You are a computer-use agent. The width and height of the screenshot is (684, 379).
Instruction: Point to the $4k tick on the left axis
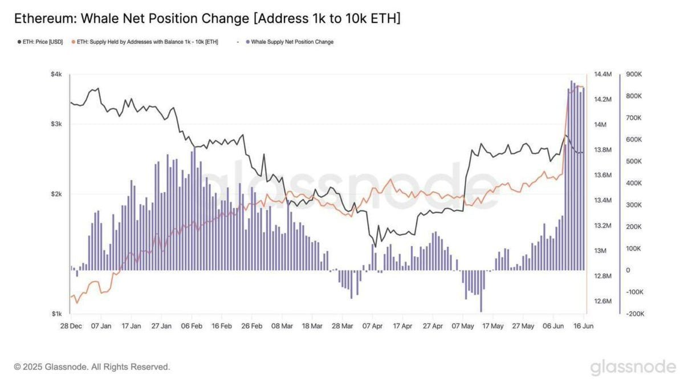tap(56, 75)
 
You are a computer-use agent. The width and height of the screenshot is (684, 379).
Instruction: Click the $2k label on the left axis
tap(56, 194)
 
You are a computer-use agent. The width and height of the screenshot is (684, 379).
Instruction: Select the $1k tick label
tap(56, 313)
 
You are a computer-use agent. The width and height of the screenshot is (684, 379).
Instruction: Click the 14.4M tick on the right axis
tap(602, 75)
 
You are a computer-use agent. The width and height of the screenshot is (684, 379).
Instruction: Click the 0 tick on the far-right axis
tap(628, 270)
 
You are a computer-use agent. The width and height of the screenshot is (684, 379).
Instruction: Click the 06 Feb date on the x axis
tap(191, 327)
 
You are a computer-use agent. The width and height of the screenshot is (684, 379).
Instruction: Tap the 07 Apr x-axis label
tap(372, 327)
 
